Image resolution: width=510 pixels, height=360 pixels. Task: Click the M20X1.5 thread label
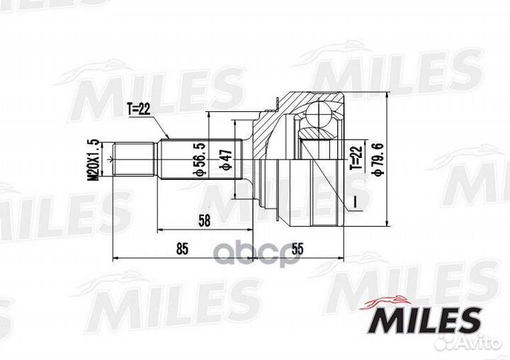93,159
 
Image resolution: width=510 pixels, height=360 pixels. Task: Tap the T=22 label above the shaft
139,110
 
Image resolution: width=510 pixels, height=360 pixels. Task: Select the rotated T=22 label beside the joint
356,158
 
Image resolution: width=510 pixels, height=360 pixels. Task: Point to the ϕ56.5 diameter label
199,159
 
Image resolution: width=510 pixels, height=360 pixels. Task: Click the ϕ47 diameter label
225,159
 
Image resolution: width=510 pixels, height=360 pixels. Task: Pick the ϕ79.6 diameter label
379,159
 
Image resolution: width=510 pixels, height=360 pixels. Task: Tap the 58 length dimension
204,221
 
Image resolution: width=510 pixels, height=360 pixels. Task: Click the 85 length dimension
183,249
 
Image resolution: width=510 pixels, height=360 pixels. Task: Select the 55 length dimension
297,249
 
